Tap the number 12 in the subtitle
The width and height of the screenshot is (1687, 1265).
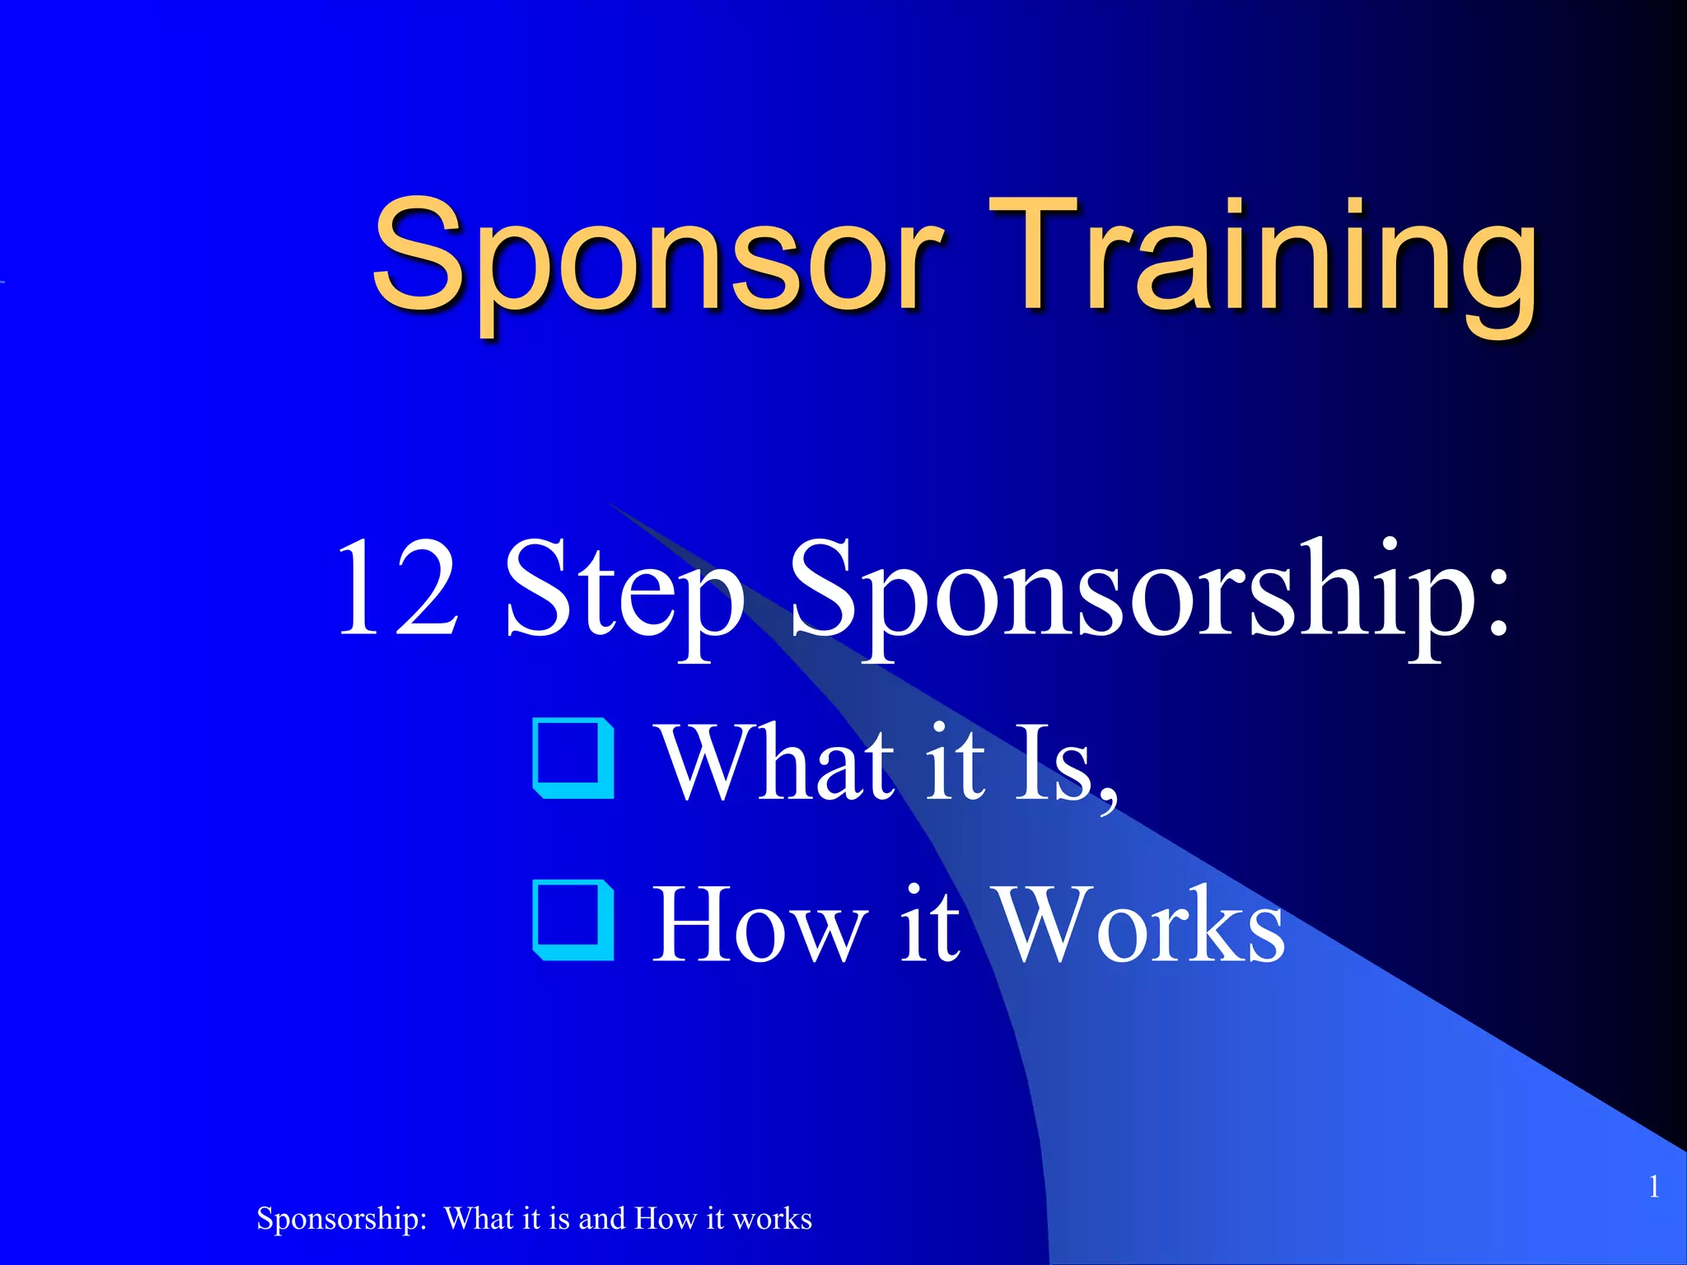tap(397, 589)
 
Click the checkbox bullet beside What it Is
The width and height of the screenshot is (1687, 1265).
tap(574, 759)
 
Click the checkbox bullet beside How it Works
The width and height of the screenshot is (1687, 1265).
tap(574, 920)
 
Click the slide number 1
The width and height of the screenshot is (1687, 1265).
tap(1653, 1187)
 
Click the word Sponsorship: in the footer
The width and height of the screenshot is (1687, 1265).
tap(341, 1219)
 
